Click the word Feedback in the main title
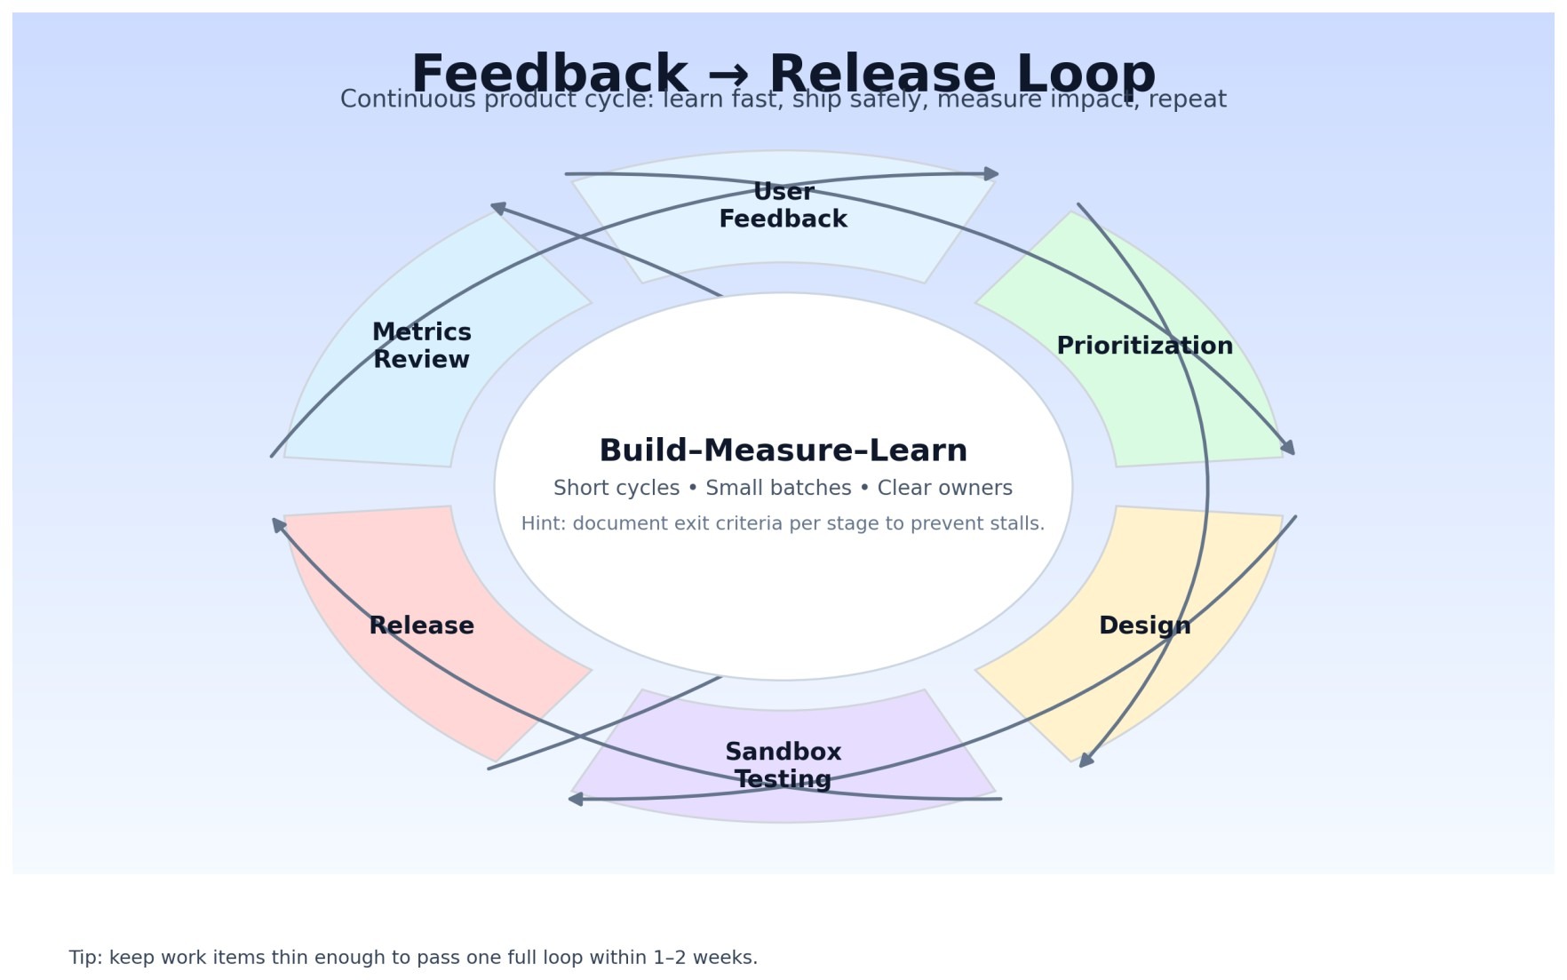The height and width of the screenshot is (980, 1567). coord(548,73)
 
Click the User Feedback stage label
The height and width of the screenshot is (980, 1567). coord(783,205)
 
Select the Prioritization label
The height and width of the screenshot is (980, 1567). coord(1144,346)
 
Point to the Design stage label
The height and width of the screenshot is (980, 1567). coord(1144,625)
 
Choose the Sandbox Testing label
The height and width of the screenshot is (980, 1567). coord(783,765)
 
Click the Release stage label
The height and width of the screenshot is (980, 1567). coord(421,625)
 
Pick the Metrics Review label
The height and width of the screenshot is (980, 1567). coord(421,346)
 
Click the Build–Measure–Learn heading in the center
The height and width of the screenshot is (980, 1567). coord(783,450)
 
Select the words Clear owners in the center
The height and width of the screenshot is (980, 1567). coord(944,488)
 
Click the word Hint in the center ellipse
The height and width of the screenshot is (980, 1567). coord(541,523)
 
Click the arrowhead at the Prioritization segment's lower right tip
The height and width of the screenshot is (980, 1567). coord(1289,448)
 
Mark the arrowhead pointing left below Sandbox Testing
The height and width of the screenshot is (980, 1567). coord(576,799)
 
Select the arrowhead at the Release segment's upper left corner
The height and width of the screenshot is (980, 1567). coord(278,525)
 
